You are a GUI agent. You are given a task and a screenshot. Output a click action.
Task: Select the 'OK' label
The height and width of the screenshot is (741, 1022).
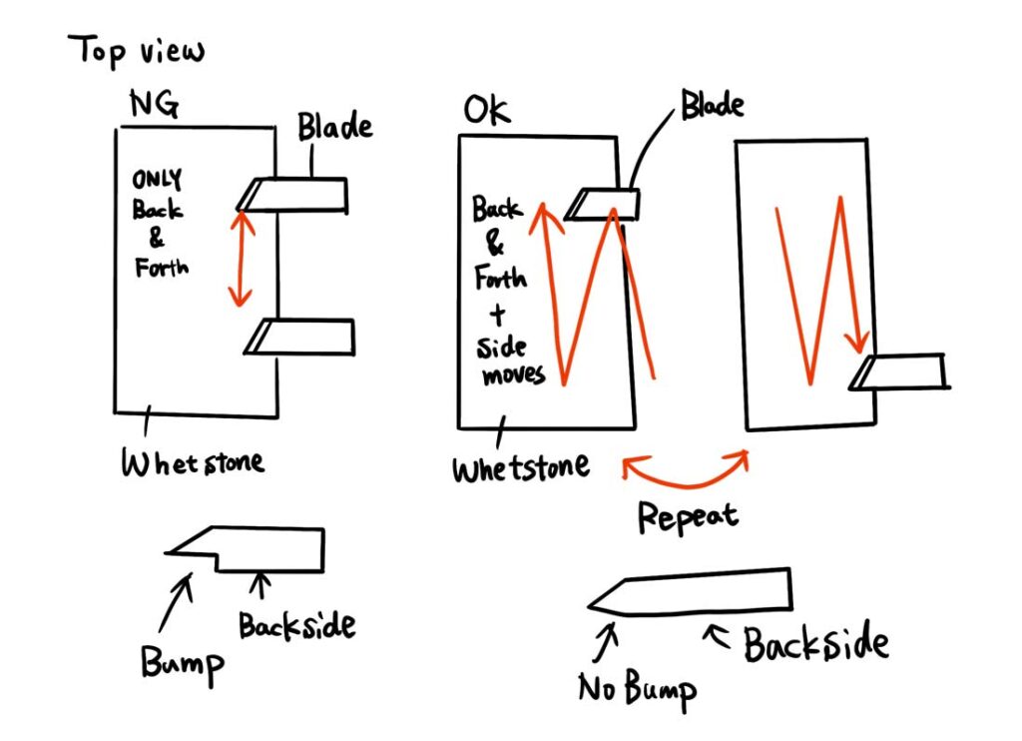pyautogui.click(x=486, y=110)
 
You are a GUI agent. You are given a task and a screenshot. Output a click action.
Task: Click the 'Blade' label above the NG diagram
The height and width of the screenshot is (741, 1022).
pyautogui.click(x=334, y=127)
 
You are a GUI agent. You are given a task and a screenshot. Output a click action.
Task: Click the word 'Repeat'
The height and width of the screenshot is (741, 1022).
pyautogui.click(x=687, y=515)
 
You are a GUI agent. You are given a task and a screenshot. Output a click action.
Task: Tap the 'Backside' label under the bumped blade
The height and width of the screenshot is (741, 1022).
pyautogui.click(x=296, y=626)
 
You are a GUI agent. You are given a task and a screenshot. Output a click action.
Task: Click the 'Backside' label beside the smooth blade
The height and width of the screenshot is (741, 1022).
pyautogui.click(x=815, y=644)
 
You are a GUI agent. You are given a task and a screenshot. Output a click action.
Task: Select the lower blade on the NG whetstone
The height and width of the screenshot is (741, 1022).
pyautogui.click(x=300, y=337)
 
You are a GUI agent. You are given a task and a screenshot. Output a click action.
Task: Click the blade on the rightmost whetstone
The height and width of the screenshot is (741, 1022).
pyautogui.click(x=898, y=371)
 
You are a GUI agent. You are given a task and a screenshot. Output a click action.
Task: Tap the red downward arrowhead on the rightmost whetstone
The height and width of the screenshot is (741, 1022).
pyautogui.click(x=855, y=342)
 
